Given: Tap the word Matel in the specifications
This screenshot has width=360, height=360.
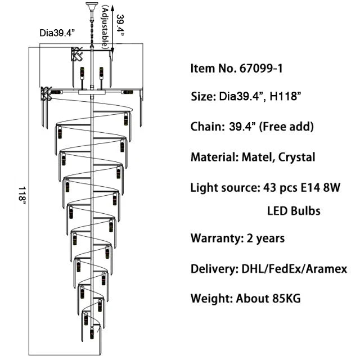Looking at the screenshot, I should click(254, 157).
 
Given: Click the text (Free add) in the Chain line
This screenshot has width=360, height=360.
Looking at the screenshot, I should click(286, 127).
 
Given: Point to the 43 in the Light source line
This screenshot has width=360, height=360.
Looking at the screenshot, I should click(267, 187).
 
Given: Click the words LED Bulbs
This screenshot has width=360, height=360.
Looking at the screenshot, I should click(293, 211).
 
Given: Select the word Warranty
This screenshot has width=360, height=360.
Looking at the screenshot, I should click(216, 238).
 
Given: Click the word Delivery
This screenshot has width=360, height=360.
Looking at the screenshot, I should click(212, 268).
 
